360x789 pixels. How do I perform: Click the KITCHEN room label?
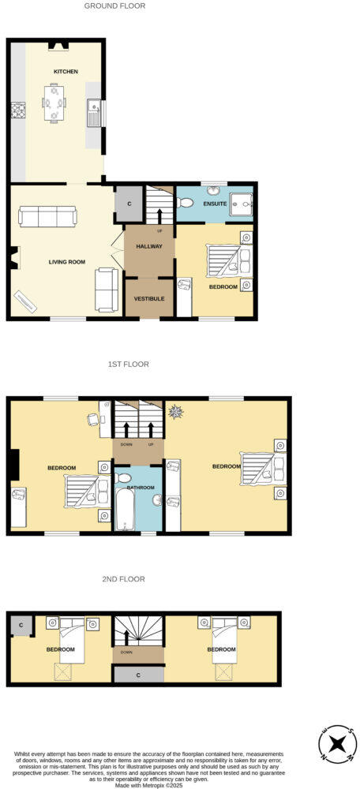[66, 72]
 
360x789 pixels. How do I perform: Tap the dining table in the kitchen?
[54, 103]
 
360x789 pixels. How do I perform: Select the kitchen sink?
[94, 113]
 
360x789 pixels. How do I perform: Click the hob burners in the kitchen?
[17, 112]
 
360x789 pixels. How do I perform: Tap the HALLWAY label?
[148, 246]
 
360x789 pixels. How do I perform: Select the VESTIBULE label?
[148, 299]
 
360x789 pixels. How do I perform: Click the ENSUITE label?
[215, 204]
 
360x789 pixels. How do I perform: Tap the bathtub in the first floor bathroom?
[126, 505]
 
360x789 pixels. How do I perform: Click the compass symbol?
[337, 744]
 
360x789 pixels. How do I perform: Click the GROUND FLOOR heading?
[114, 6]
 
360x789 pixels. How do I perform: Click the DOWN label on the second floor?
[126, 653]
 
